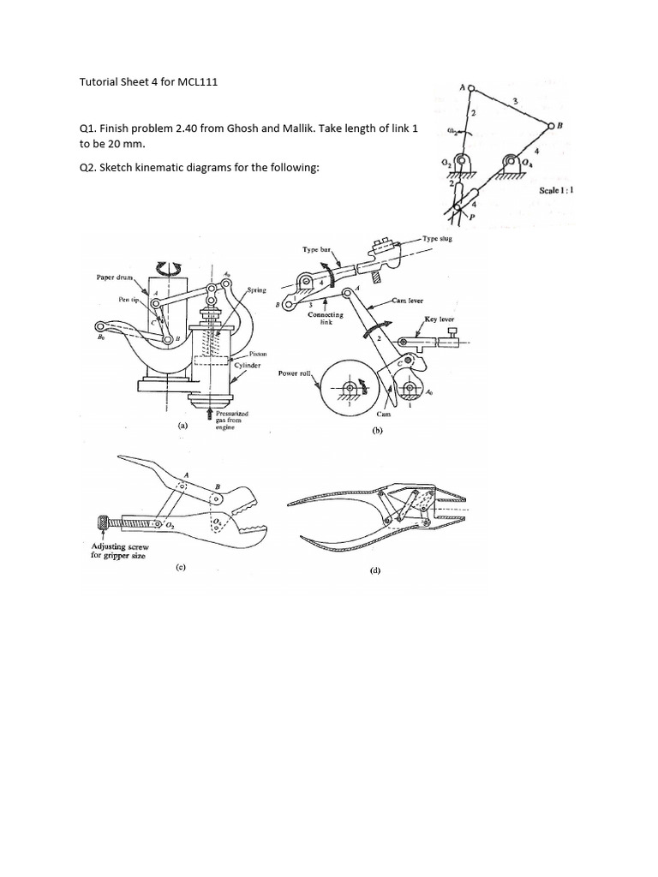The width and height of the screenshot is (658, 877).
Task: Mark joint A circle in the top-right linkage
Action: (x=470, y=87)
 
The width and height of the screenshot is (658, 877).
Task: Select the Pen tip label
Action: (x=131, y=300)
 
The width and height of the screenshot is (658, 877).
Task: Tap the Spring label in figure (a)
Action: (x=257, y=291)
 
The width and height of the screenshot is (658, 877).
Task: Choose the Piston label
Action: (x=256, y=353)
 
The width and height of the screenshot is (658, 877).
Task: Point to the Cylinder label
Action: (x=249, y=364)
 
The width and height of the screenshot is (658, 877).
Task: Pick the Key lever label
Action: (x=440, y=318)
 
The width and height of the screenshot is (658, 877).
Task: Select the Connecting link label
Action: (x=326, y=318)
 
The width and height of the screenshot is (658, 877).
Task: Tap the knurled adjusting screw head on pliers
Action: (x=102, y=521)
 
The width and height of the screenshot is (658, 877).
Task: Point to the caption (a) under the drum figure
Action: (x=182, y=425)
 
